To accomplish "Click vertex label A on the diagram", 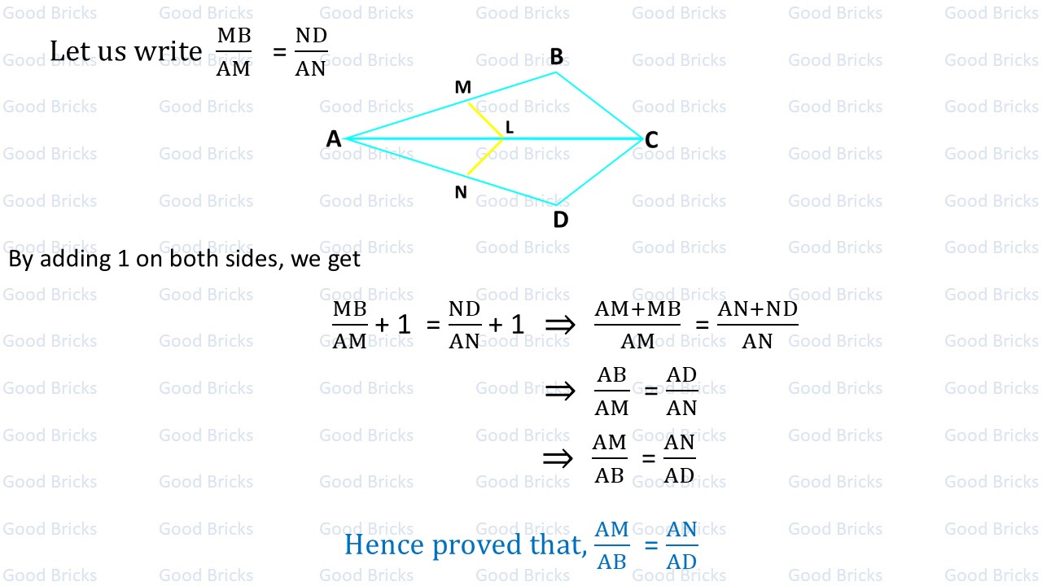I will [x=334, y=139].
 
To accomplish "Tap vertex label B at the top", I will [x=557, y=56].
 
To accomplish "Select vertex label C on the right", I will [x=651, y=140].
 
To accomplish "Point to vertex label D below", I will [x=560, y=220].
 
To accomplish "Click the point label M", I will [x=462, y=88].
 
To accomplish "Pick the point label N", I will [x=461, y=192].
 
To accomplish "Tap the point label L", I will [x=510, y=127].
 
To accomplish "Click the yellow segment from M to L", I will [x=486, y=120].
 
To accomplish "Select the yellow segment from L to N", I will [x=485, y=156].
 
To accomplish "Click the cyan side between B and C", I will [x=599, y=106].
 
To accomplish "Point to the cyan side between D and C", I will [x=599, y=172].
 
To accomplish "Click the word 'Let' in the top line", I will [x=67, y=51].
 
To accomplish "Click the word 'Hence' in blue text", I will [x=384, y=544].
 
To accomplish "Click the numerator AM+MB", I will [x=637, y=310].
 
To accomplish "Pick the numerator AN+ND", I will [x=757, y=310].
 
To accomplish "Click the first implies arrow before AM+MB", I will [x=559, y=326].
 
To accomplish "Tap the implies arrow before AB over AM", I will [x=559, y=391].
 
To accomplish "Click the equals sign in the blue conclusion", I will [x=650, y=544].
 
